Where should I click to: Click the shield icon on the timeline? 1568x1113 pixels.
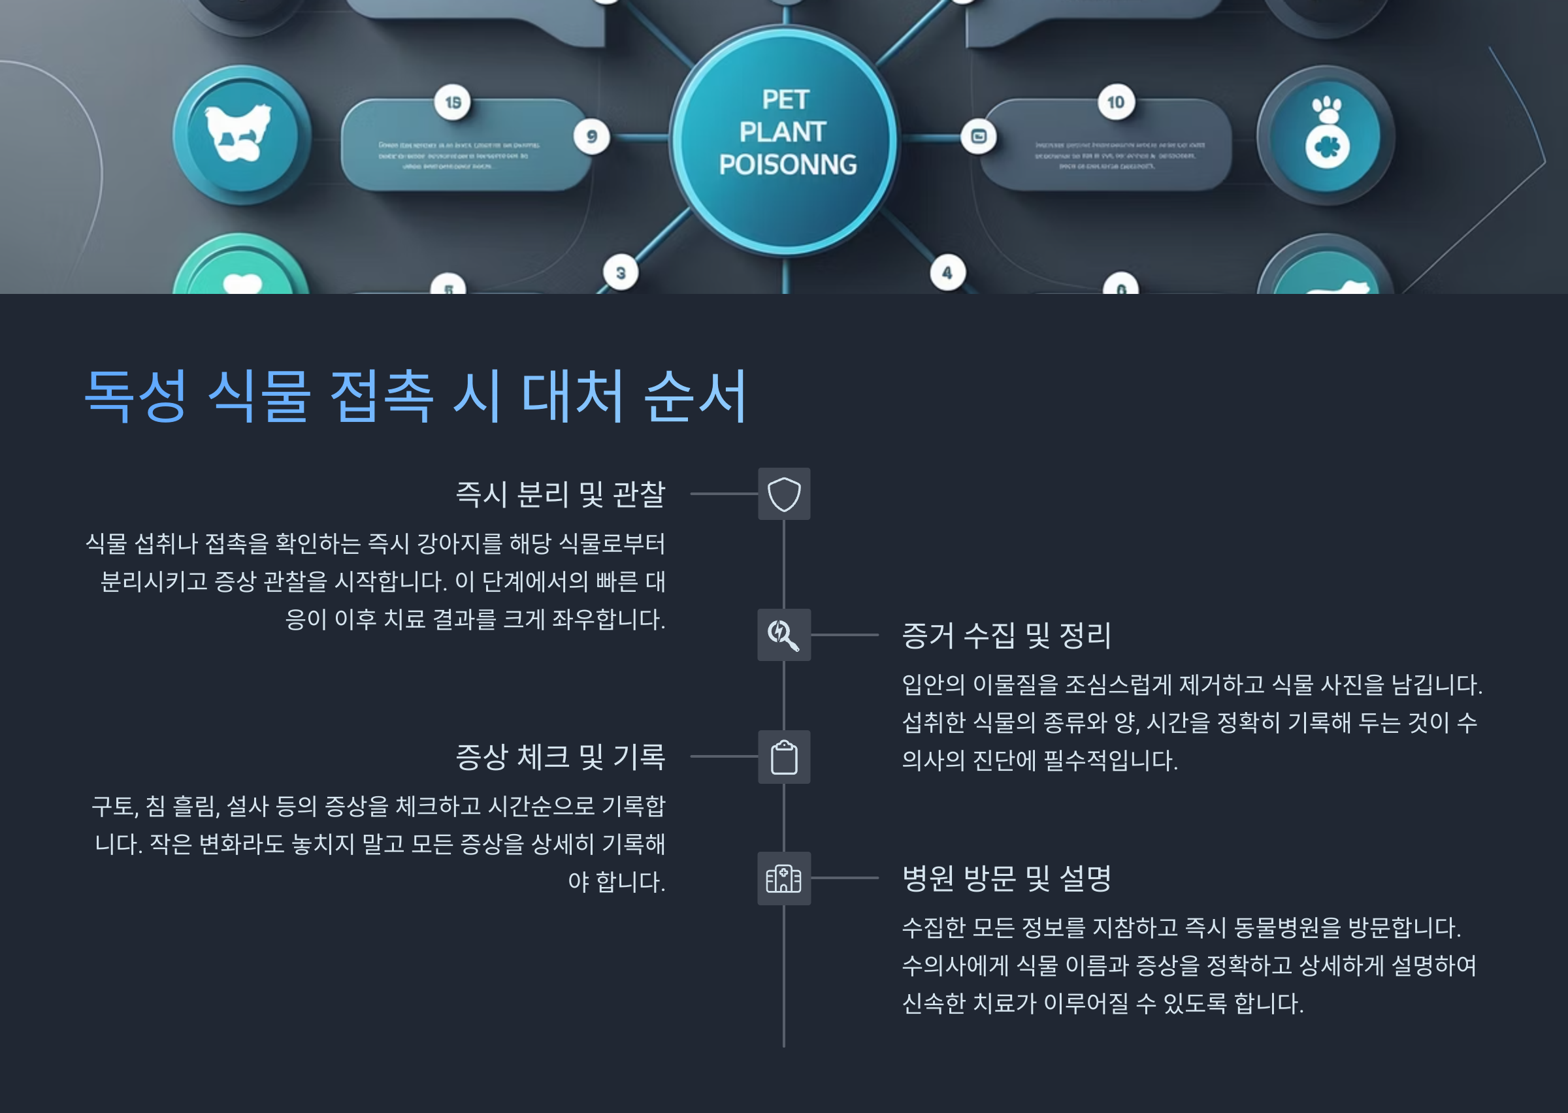(784, 494)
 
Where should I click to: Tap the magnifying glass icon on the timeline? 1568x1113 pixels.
(783, 635)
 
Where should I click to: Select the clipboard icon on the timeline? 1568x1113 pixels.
(784, 757)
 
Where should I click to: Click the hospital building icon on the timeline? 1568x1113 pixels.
(783, 878)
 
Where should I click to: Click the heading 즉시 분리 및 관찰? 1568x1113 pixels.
(560, 494)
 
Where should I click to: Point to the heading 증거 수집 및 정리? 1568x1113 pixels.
(1006, 636)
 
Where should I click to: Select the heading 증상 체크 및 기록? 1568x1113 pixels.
(560, 756)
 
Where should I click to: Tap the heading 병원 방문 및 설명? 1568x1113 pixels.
(1006, 878)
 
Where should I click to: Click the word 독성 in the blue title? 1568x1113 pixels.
(135, 395)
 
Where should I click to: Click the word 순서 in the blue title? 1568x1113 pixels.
(695, 395)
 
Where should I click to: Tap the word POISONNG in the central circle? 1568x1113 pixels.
(787, 165)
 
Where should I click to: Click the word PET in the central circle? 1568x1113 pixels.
(785, 100)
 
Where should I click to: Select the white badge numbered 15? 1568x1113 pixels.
(452, 103)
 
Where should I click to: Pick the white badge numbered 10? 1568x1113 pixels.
(1116, 103)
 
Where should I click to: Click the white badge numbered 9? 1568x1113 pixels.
(591, 137)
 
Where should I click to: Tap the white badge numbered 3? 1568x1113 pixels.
(620, 273)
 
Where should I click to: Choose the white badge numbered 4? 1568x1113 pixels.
(947, 273)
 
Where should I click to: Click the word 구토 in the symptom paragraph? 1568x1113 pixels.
(114, 807)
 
